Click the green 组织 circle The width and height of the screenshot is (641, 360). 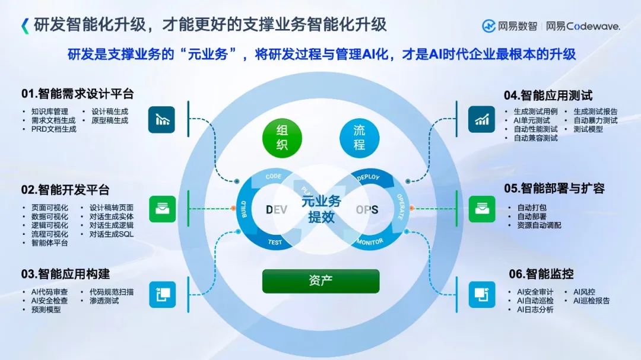tap(282, 138)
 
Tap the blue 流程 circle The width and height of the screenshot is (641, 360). tap(360, 138)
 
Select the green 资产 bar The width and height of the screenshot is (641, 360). tap(320, 281)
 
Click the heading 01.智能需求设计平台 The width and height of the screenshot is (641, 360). tap(78, 94)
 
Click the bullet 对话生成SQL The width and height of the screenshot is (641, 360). tap(112, 234)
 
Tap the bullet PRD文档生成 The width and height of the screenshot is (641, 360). tap(54, 129)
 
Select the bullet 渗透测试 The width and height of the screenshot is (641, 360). tap(104, 301)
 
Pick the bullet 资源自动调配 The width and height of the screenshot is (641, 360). tap(539, 225)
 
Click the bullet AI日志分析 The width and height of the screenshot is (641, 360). tap(535, 310)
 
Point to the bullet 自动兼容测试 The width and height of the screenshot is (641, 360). tap(536, 138)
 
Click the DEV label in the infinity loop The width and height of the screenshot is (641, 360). tap(277, 210)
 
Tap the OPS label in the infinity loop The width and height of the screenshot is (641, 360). tap(367, 210)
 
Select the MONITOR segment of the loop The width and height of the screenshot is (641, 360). tap(370, 241)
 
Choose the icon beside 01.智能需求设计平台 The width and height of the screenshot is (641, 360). tap(161, 120)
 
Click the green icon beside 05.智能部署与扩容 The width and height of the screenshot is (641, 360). tap(481, 209)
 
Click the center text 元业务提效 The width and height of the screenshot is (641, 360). tap(321, 209)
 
